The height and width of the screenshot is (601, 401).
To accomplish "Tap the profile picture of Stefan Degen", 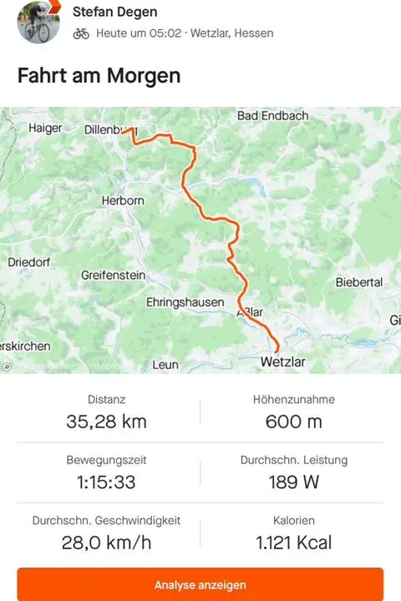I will click(38, 21).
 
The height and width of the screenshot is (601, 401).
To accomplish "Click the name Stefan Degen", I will click(114, 12).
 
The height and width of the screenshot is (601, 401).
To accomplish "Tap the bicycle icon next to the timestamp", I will click(81, 33).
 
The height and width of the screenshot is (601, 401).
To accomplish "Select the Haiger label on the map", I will click(46, 129).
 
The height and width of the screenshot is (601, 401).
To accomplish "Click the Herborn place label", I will click(123, 201).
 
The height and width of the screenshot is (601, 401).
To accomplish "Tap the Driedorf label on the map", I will click(29, 261).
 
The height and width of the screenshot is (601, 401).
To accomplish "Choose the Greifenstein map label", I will click(114, 275).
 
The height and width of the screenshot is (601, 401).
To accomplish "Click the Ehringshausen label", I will click(185, 301).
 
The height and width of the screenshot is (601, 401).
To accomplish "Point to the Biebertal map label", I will click(359, 283).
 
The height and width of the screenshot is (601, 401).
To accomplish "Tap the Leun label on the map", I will click(165, 365).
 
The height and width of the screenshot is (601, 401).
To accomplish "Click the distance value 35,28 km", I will click(106, 422).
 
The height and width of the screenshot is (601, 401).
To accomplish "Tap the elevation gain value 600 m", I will click(293, 422).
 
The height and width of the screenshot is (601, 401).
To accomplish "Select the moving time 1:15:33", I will click(106, 482).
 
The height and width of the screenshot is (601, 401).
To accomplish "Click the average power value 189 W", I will click(293, 482).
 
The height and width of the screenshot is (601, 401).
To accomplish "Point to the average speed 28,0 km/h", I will click(106, 543).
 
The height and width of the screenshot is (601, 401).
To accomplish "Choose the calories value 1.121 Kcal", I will click(293, 543).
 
